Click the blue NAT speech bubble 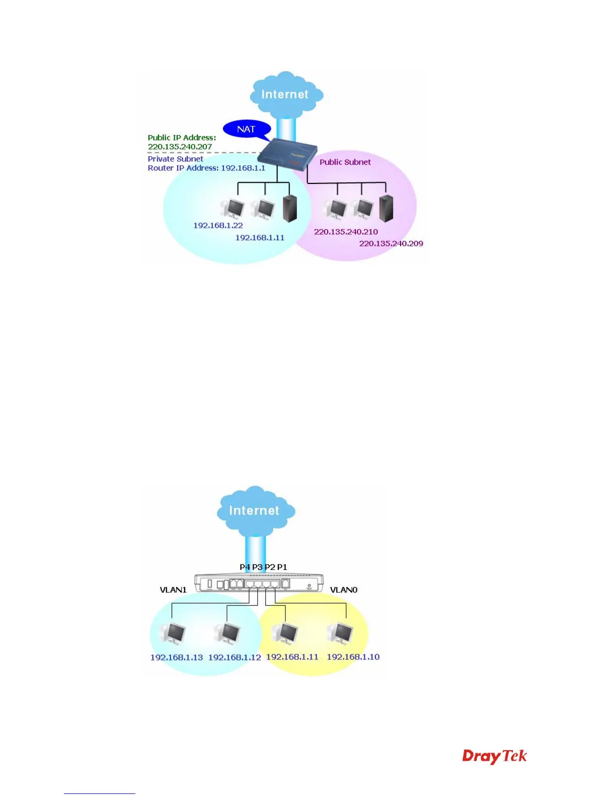247,129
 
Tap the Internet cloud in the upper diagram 285,94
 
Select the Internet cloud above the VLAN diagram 255,510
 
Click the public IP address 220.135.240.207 180,147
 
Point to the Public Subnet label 345,162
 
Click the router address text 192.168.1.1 243,168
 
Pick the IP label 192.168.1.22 218,225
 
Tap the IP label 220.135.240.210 346,232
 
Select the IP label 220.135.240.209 391,243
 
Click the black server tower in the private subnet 290,209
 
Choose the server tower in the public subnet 386,208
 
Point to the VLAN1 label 173,589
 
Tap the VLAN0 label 344,589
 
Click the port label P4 245,567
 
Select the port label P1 282,567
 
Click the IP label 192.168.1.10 353,657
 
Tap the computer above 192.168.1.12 227,634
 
